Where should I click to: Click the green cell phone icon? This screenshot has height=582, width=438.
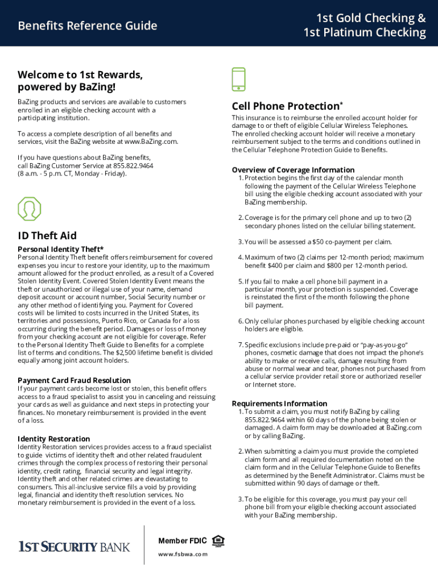tap(239, 79)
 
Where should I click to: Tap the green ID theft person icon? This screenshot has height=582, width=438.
tap(29, 209)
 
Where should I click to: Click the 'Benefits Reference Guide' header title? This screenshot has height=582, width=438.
tap(87, 26)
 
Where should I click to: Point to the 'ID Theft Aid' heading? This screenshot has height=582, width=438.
tap(47, 235)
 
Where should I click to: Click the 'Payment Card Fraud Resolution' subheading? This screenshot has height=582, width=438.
tap(74, 380)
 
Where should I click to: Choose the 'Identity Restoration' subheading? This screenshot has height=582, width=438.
tap(54, 439)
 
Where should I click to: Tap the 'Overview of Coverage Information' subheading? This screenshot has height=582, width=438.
tap(293, 170)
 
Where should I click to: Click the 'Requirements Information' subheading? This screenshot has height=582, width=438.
tap(279, 404)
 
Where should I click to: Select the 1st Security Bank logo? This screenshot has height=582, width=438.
tap(75, 547)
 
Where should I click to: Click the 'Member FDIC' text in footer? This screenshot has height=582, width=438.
tap(182, 541)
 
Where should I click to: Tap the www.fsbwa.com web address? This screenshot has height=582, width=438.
tap(183, 554)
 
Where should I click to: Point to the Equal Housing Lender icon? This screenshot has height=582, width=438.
tap(217, 541)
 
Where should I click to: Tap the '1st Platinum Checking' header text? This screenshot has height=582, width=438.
tap(364, 32)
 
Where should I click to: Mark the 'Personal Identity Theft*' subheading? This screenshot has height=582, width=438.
tap(61, 249)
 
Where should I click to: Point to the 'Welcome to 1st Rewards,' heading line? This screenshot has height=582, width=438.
tap(80, 75)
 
